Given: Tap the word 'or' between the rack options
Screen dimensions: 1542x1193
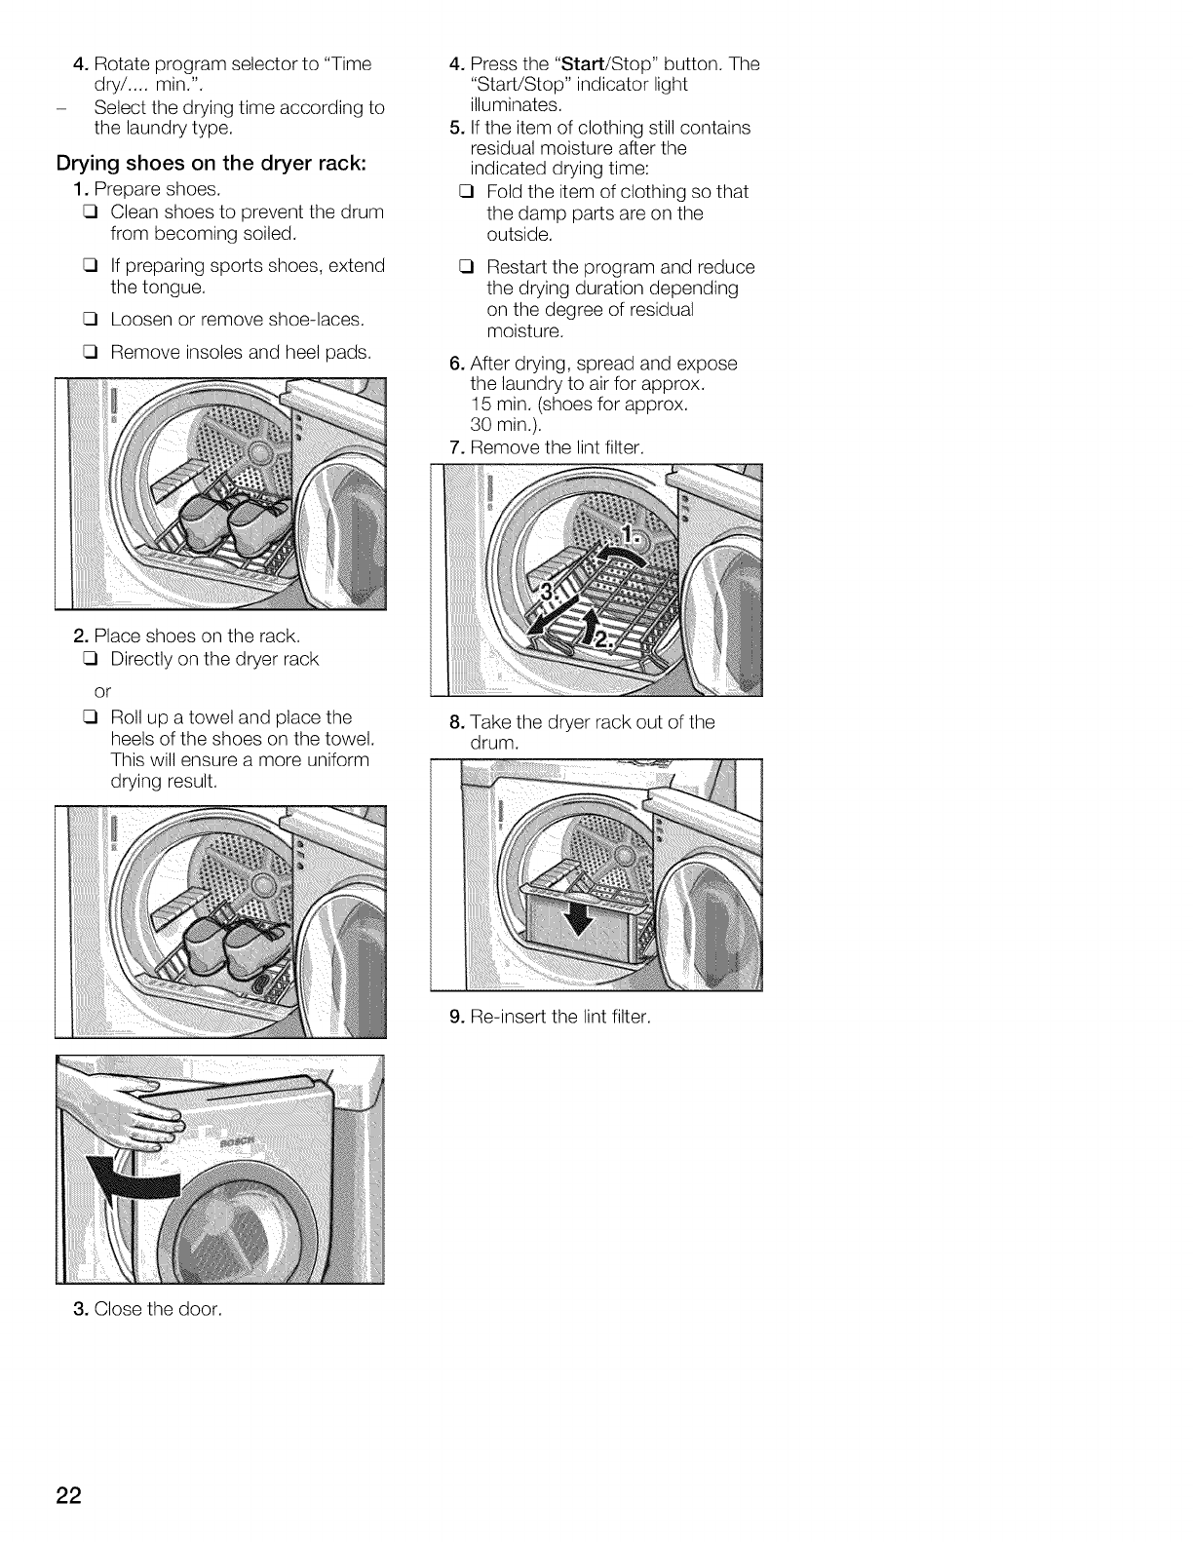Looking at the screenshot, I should point(104,690).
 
